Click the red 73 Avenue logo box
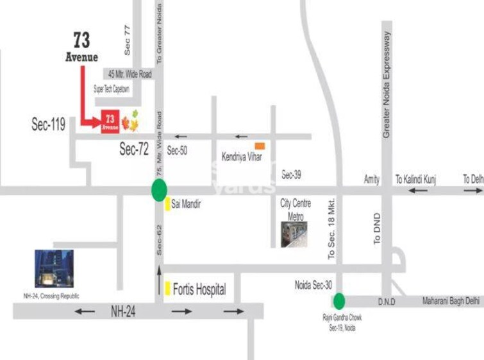coord(110,121)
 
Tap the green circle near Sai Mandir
coord(159,189)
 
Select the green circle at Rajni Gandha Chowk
coord(338,300)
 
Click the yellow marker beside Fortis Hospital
coord(167,288)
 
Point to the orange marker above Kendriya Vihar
coord(260,146)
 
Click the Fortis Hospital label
coord(199,289)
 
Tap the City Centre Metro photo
coord(294,234)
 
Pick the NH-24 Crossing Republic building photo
coord(54,269)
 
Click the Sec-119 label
coord(49,124)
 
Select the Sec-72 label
coord(134,150)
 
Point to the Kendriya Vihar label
coord(242,157)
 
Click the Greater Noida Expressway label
coord(387,83)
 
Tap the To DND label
coord(377,228)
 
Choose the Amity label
coord(372,180)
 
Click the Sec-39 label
coord(291,175)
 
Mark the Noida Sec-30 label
coord(313,286)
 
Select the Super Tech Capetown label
coord(112,89)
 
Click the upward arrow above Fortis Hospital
coord(159,277)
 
